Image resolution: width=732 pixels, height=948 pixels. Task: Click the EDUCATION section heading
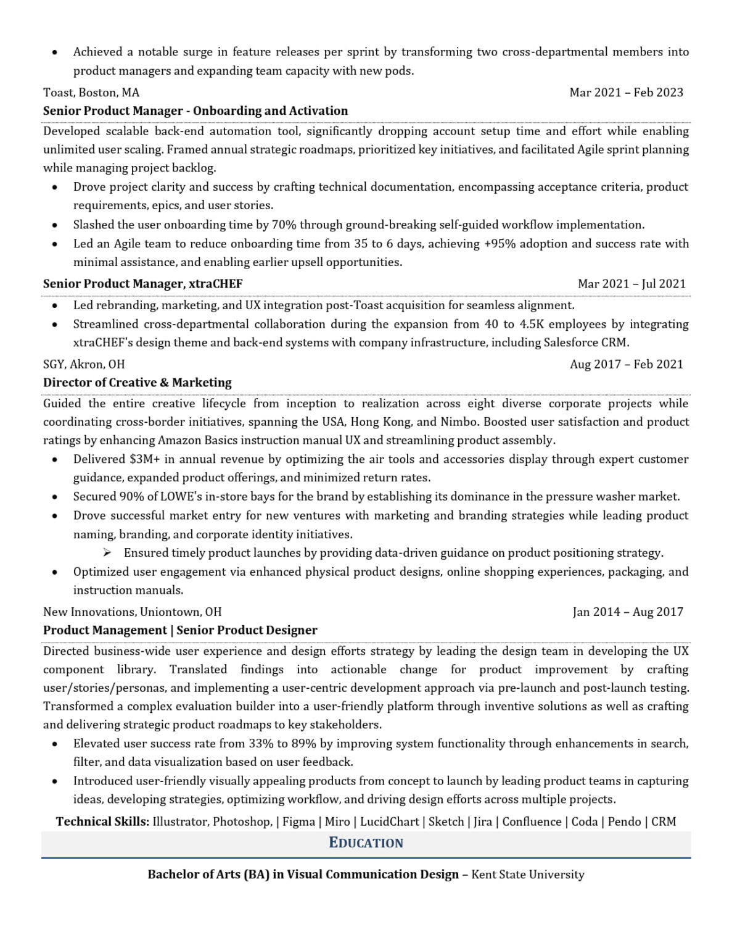click(366, 843)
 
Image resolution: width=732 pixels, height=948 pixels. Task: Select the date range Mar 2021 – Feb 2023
click(626, 93)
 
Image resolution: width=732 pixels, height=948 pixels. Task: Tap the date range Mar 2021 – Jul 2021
click(631, 284)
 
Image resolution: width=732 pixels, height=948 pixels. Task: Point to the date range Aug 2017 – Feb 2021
click(626, 364)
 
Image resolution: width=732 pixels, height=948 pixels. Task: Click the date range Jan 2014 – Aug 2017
click(627, 612)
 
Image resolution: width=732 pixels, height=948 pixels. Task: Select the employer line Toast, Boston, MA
click(91, 93)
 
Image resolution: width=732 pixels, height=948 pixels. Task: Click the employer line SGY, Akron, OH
click(84, 364)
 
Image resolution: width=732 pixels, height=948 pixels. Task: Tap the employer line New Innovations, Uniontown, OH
click(132, 612)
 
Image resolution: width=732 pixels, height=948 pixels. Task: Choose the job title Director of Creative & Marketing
click(137, 383)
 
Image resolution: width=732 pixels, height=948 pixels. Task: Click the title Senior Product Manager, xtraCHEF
click(142, 284)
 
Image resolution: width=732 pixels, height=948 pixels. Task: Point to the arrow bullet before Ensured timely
click(107, 552)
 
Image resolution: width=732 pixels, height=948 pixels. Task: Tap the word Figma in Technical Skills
click(298, 822)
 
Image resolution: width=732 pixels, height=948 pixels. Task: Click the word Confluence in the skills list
click(532, 822)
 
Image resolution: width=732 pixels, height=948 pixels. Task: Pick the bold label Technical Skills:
click(102, 822)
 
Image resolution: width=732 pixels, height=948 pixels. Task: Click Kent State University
click(528, 875)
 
